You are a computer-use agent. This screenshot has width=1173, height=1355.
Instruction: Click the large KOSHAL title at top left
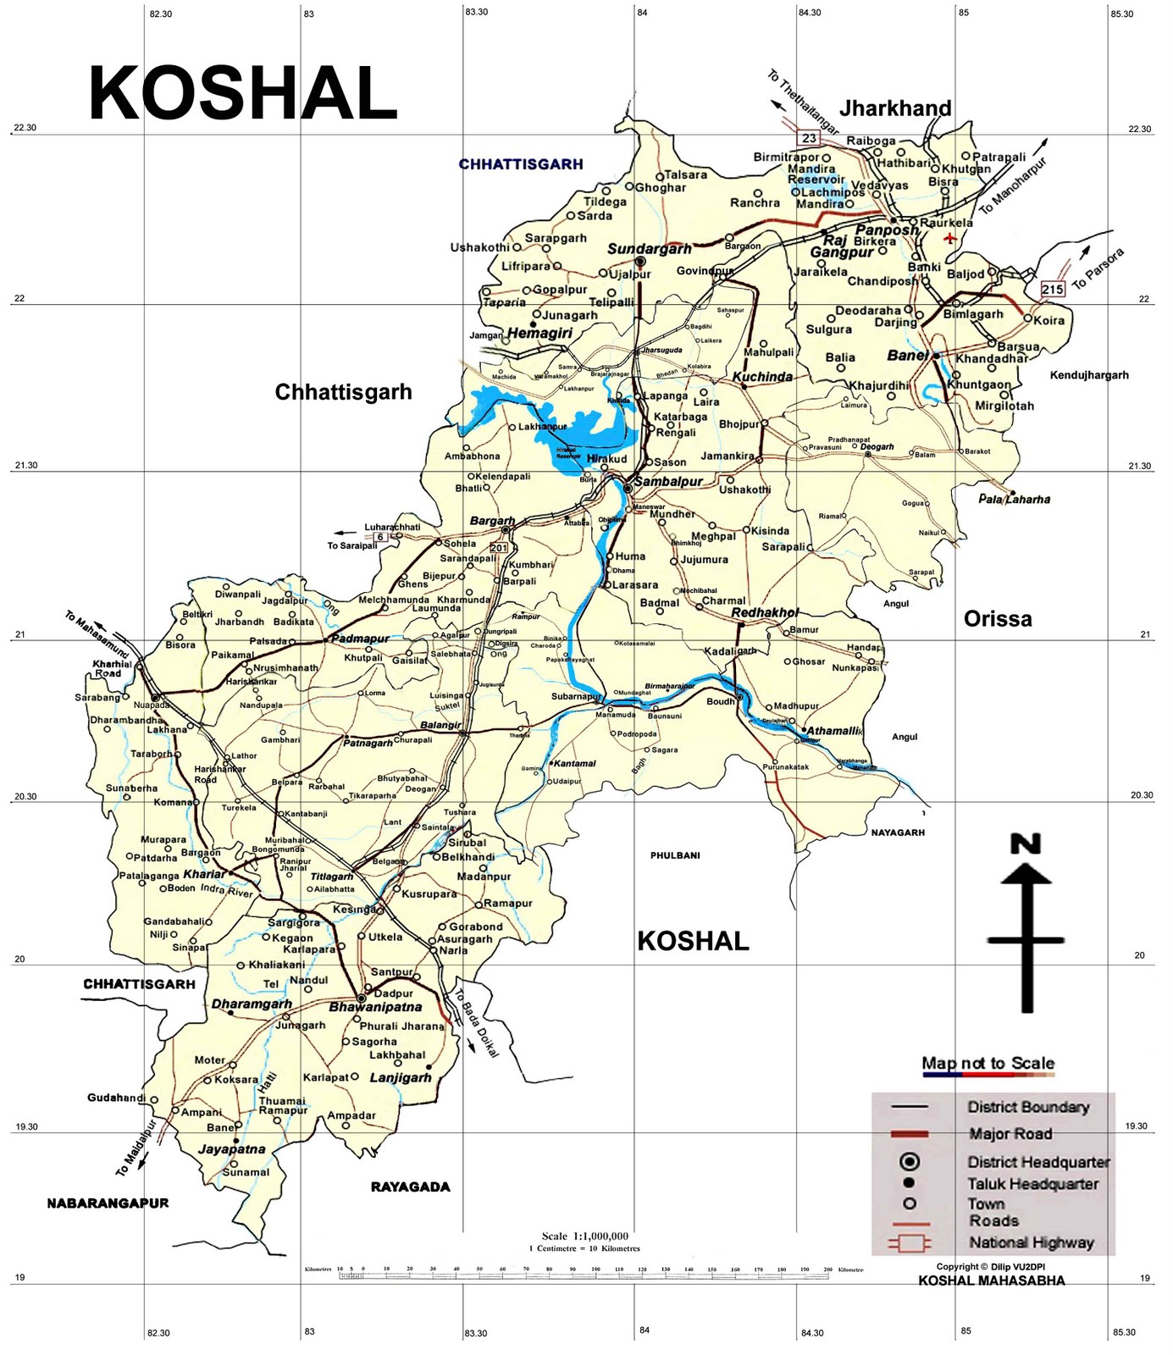(243, 94)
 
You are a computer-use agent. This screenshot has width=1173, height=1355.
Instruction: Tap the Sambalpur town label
(669, 482)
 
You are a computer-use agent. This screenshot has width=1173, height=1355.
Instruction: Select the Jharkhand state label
(895, 108)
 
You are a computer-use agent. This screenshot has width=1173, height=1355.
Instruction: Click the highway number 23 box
(809, 138)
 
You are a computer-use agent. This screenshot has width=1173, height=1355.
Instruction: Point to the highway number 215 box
(1053, 289)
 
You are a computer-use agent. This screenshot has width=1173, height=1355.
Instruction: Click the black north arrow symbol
(1026, 923)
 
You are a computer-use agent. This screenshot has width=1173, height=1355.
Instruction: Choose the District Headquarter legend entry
(1038, 1162)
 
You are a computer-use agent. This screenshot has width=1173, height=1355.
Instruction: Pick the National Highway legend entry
(1031, 1242)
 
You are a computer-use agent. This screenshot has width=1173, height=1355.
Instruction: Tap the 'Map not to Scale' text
(988, 1063)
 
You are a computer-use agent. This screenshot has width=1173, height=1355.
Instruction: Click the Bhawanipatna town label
(375, 1008)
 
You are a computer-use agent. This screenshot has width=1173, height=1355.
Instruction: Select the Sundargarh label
(649, 249)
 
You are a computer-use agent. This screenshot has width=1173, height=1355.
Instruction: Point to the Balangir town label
(441, 725)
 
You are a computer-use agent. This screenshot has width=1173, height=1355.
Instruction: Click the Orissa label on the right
(998, 619)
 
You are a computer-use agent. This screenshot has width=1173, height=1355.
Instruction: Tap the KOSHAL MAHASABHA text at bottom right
(991, 1280)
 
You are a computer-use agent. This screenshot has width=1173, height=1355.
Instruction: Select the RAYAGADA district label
(410, 1186)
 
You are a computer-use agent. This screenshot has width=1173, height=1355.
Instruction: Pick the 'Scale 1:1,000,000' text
(585, 1236)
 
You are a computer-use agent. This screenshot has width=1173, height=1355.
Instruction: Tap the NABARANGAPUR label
(108, 1203)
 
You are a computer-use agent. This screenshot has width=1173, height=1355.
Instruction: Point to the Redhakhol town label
(765, 612)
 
